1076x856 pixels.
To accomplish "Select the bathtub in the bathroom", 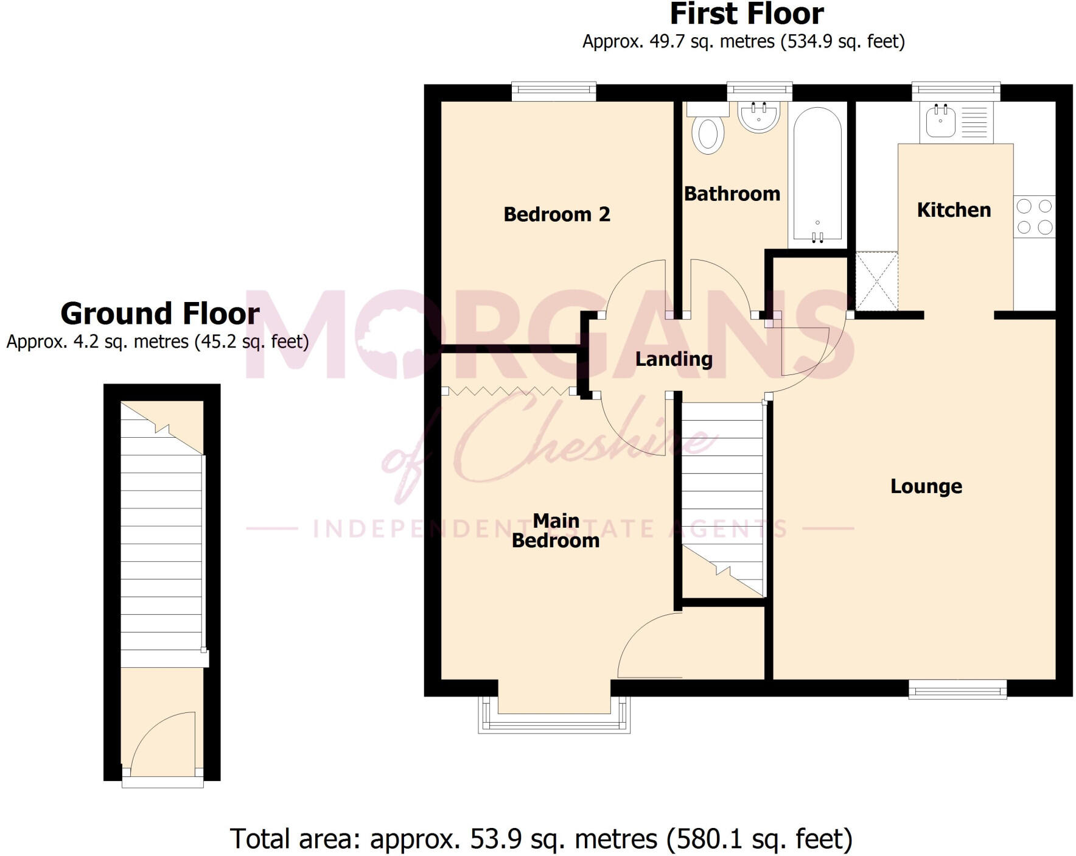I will [817, 177].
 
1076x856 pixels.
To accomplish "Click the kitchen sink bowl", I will [940, 121].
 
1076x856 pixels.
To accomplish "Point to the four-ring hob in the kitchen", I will [1034, 217].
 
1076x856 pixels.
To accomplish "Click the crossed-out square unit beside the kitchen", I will [876, 281].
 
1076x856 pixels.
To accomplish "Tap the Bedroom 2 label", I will [556, 214].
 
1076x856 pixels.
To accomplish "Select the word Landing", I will [673, 359].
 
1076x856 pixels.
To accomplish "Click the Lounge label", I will [926, 486].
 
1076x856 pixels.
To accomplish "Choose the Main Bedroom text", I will [555, 531].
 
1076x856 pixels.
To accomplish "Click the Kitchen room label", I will [953, 210].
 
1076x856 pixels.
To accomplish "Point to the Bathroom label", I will [732, 194].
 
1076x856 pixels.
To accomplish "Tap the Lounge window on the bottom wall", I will [957, 689].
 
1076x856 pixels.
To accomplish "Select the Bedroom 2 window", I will [553, 91].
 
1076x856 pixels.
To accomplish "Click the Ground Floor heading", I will [160, 314].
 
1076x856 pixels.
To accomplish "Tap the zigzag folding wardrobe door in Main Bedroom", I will [509, 391].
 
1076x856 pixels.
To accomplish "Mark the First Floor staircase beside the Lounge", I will [722, 493].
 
